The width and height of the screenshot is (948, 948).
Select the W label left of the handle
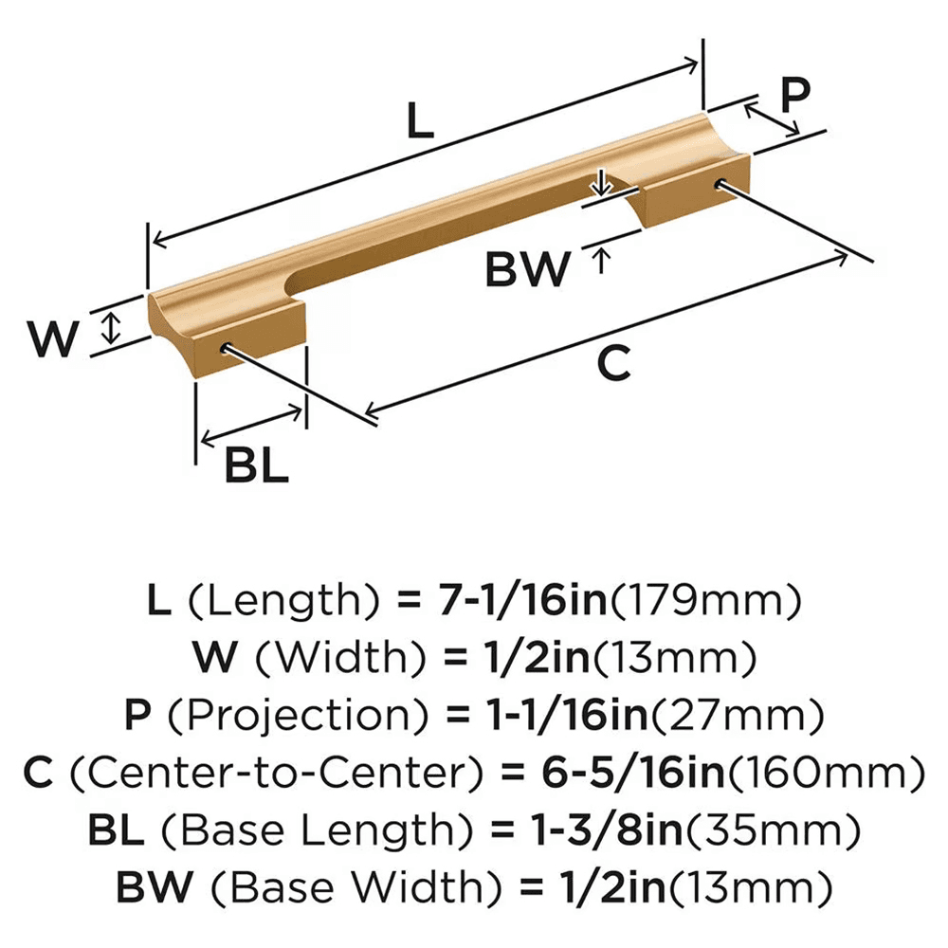click(51, 339)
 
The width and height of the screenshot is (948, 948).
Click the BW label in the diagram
click(528, 270)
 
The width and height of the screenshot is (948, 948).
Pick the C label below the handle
click(614, 364)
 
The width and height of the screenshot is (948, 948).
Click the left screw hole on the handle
click(227, 348)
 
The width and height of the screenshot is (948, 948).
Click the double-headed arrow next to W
click(112, 328)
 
